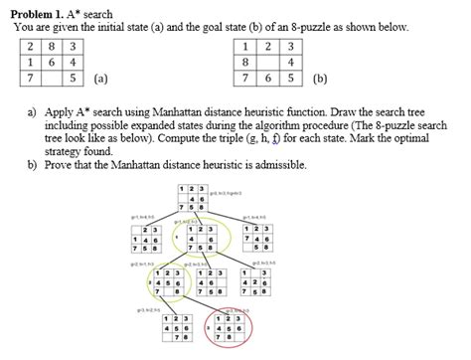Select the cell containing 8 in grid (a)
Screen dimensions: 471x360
(x=51, y=46)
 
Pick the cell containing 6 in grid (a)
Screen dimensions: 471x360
(x=51, y=62)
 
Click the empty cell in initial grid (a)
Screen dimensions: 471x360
(x=51, y=78)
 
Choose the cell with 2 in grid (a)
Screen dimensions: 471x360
(x=31, y=46)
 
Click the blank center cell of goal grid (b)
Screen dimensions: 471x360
(x=266, y=62)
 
